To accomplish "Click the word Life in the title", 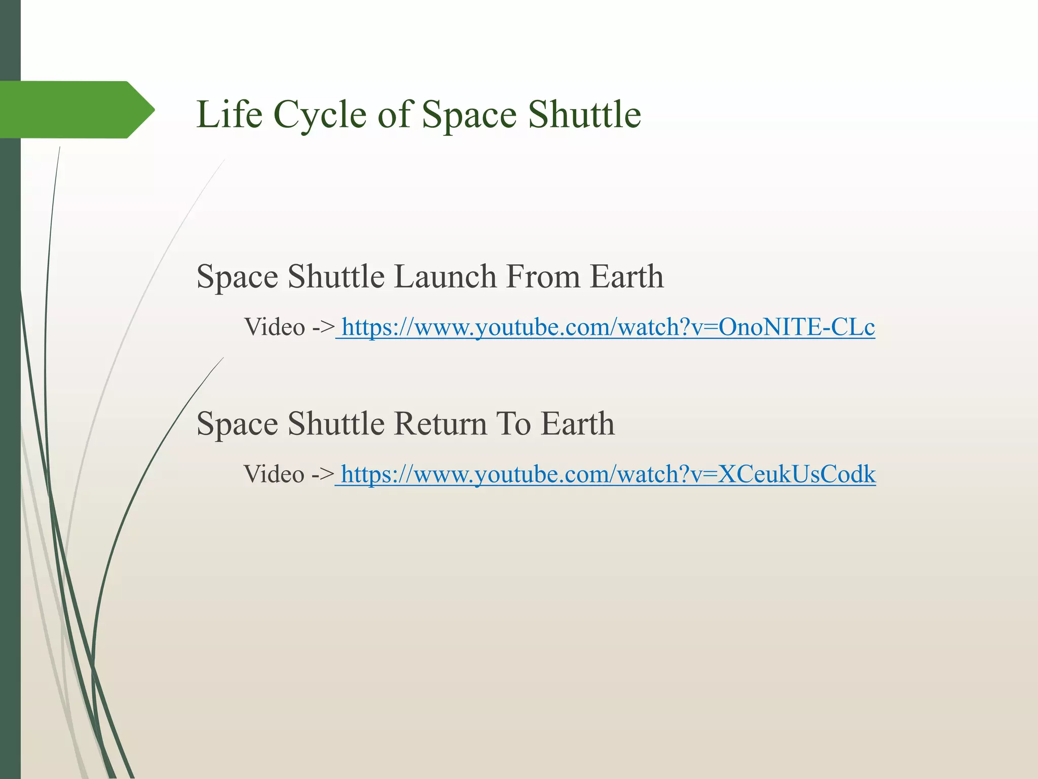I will tap(229, 114).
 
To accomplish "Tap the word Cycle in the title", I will tap(320, 114).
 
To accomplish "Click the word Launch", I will tap(445, 277).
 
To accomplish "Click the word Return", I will tap(440, 424).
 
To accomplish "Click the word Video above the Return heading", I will tap(275, 327).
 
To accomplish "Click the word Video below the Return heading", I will tap(274, 474).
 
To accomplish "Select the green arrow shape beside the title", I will tap(76, 110).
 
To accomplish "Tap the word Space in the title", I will tap(470, 114).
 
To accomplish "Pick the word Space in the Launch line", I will tap(237, 277).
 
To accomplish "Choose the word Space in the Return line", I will tap(237, 424).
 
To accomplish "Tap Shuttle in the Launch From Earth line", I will tap(336, 277).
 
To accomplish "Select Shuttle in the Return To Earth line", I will tap(336, 424).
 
